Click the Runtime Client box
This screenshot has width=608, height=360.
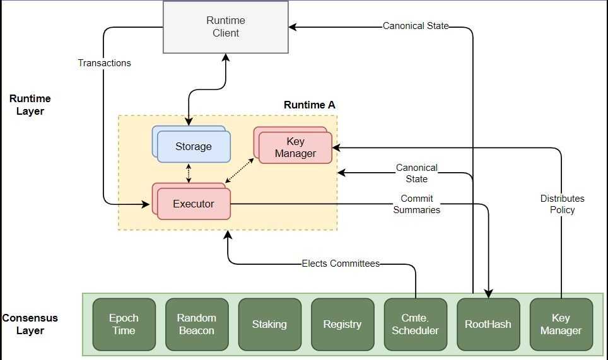click(x=225, y=26)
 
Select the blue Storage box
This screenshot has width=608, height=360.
click(x=194, y=146)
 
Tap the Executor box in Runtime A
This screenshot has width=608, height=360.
click(x=194, y=204)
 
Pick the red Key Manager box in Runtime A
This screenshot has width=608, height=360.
click(x=295, y=148)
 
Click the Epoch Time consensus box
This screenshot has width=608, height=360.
click(x=124, y=324)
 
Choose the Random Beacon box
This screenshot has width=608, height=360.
click(x=196, y=324)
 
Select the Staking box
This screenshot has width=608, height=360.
click(x=269, y=324)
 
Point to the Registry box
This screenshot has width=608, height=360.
click(x=342, y=324)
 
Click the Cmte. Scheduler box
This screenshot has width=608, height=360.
click(x=415, y=324)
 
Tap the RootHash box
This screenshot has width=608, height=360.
click(x=488, y=324)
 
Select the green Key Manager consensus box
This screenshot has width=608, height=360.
click(x=561, y=324)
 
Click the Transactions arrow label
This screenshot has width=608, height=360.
click(x=105, y=63)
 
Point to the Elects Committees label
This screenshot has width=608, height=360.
click(x=341, y=264)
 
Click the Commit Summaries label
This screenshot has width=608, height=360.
click(x=417, y=204)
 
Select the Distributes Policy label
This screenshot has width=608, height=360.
click(x=562, y=204)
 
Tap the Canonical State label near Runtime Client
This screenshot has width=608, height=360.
click(x=416, y=26)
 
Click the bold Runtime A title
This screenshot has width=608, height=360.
click(x=309, y=105)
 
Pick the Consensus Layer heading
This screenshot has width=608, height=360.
click(x=29, y=324)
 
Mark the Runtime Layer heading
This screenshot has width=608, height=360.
click(x=30, y=105)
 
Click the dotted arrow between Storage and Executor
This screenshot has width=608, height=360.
click(x=189, y=173)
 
